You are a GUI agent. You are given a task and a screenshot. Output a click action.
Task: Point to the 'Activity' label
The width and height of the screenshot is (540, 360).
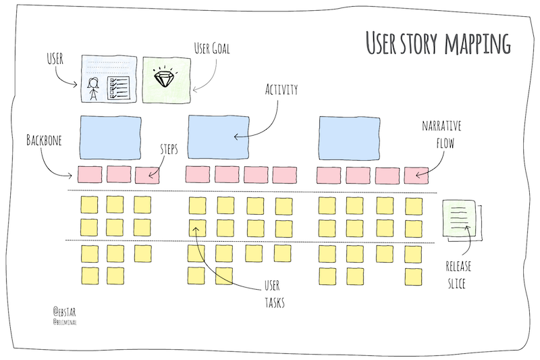tap(282, 89)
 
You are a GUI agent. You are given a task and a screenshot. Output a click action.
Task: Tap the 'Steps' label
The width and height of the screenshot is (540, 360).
tap(169, 149)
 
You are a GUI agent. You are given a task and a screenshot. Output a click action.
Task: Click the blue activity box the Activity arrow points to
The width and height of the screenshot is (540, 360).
tap(218, 135)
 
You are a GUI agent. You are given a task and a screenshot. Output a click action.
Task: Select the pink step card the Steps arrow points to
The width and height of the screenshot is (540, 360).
tap(147, 175)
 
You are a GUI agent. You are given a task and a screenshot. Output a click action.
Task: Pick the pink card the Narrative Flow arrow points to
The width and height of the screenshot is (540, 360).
tap(416, 175)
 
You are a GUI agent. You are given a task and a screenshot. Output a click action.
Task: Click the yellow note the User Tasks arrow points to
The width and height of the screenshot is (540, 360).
tap(196, 228)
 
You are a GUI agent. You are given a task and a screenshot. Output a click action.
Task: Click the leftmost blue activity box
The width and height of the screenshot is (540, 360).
tap(111, 135)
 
